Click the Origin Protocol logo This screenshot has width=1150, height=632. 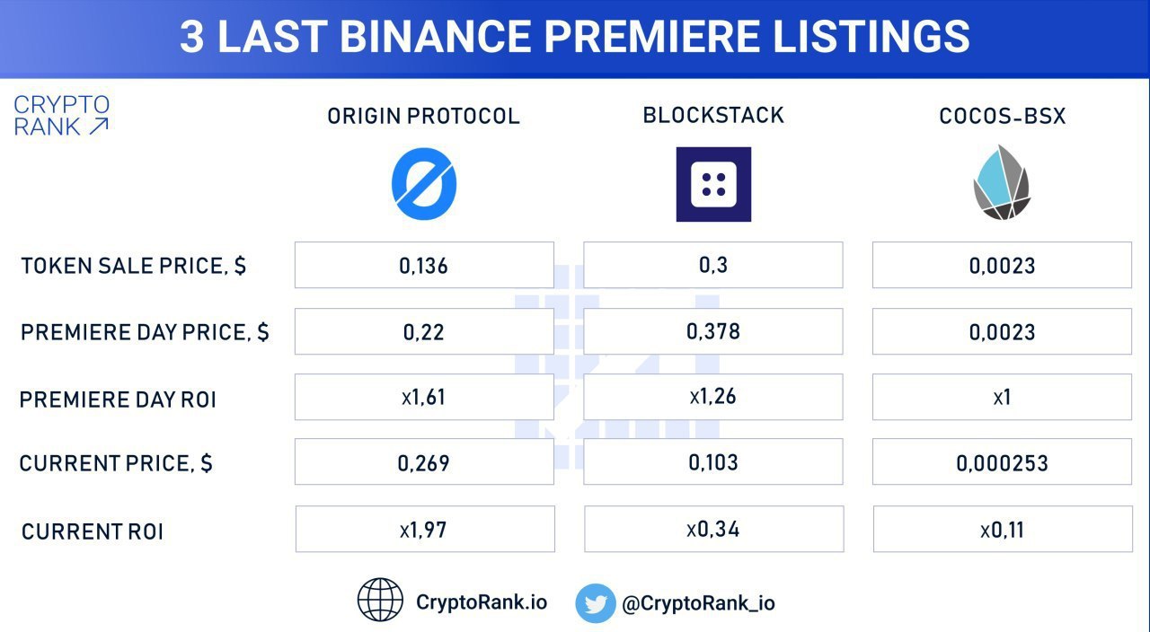coord(424,184)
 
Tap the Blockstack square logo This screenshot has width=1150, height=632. coord(713,184)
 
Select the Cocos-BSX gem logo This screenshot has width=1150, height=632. coord(1002,182)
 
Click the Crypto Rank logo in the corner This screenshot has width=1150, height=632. coord(62,116)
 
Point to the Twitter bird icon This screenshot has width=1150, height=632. coord(596,602)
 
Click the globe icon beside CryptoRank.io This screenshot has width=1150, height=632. coord(380,600)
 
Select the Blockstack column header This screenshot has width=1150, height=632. coord(713,116)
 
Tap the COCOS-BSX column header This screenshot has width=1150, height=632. coord(1002,116)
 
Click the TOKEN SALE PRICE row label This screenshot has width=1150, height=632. coord(134,266)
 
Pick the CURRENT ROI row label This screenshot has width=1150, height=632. coord(93,531)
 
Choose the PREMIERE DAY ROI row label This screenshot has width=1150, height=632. coord(118,399)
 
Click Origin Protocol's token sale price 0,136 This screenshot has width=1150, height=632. coord(423,266)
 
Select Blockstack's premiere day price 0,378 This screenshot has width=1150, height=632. coord(713,331)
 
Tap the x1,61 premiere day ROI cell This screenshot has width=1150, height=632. coord(424,397)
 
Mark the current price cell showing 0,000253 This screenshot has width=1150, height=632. coord(1002,461)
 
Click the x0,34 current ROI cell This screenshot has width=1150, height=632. coord(713,529)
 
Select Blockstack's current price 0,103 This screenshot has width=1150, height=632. coord(713,462)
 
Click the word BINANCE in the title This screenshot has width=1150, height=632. coord(436,37)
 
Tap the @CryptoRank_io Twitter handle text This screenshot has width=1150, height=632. coord(698,603)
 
